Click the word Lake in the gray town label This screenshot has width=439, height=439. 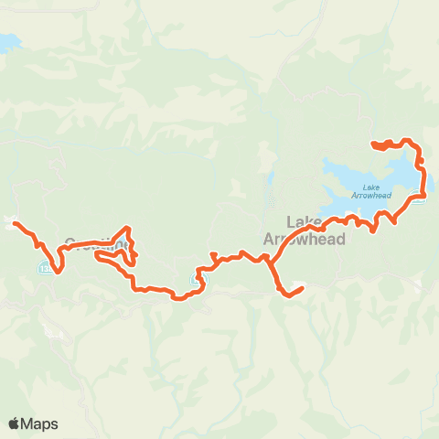pyautogui.click(x=304, y=222)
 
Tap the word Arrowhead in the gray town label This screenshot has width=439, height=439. pyautogui.click(x=304, y=239)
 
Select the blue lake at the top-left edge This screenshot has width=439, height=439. pyautogui.click(x=8, y=42)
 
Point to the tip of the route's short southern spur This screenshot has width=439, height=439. pyautogui.click(x=301, y=290)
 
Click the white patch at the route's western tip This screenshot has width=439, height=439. pyautogui.click(x=8, y=220)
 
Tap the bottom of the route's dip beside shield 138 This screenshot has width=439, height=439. pyautogui.click(x=56, y=270)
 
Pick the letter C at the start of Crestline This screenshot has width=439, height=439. pyautogui.click(x=70, y=244)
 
